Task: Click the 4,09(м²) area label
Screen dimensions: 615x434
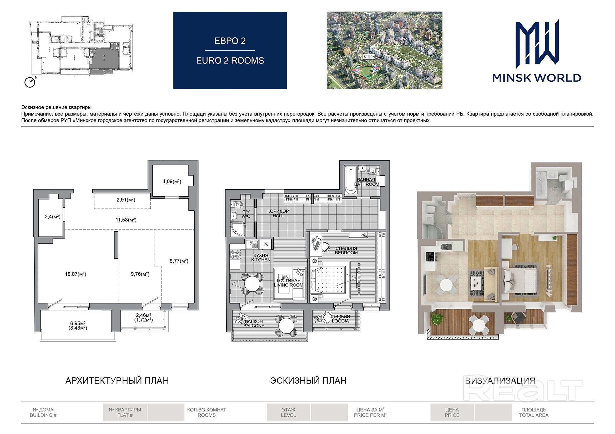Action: pos(172,182)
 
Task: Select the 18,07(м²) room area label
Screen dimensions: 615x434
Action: pos(75,274)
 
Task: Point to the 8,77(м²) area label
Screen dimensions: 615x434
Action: pos(179,261)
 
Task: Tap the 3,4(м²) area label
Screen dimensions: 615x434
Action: pos(53,217)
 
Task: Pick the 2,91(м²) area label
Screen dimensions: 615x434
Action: pos(126,200)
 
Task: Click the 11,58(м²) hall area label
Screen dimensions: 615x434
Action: pos(126,220)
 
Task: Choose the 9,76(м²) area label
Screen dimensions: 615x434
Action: pos(140,274)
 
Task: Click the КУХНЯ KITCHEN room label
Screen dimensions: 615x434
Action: pos(261,258)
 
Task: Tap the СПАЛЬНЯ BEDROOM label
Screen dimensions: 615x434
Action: pos(346,250)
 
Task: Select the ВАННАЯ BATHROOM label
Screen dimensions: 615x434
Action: pos(367,182)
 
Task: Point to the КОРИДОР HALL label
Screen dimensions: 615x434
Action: pos(278,213)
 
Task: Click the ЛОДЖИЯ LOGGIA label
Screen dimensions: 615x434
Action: pos(340,319)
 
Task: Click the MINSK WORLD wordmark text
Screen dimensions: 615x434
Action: pos(537,78)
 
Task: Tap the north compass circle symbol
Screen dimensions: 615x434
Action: pos(30,83)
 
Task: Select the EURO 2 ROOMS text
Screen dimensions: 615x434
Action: pos(230,61)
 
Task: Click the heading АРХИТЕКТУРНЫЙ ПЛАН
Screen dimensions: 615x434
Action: pos(117,380)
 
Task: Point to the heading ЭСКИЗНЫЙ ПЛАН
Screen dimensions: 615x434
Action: pos(308,380)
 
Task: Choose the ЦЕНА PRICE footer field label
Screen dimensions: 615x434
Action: pos(452,412)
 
